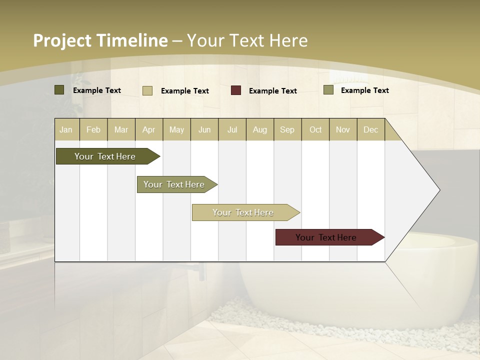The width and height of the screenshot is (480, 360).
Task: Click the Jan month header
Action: pyautogui.click(x=66, y=129)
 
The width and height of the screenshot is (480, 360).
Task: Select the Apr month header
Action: pyautogui.click(x=149, y=129)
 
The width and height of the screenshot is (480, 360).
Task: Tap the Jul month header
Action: pyautogui.click(x=232, y=129)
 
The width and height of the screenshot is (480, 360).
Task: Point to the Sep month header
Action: pyautogui.click(x=287, y=129)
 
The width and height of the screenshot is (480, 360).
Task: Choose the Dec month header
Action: pyautogui.click(x=370, y=129)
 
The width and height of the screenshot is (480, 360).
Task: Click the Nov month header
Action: pyautogui.click(x=342, y=129)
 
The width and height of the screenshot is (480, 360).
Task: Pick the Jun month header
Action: pyautogui.click(x=204, y=129)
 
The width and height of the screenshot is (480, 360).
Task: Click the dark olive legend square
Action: pyautogui.click(x=59, y=90)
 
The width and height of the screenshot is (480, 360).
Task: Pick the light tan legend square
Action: pyautogui.click(x=147, y=90)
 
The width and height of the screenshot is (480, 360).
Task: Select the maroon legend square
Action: pyautogui.click(x=236, y=90)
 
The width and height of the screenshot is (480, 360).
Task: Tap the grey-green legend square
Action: pyautogui.click(x=328, y=90)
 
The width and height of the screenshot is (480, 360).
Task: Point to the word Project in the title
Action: pyautogui.click(x=61, y=40)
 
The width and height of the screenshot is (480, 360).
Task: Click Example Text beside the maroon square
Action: pyautogui.click(x=273, y=90)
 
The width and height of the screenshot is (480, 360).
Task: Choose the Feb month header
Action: pyautogui.click(x=93, y=129)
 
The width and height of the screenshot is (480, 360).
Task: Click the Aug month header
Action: pyautogui.click(x=259, y=129)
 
